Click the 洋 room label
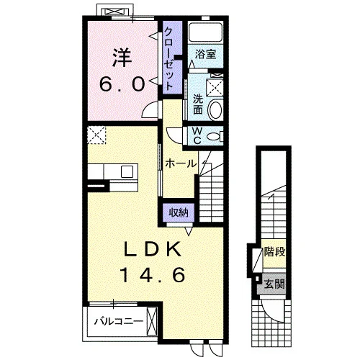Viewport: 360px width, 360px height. pos(122,58)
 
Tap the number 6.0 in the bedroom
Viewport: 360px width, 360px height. pos(122,84)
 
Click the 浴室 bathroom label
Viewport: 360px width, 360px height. pos(205,54)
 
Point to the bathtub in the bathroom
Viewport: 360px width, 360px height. pos(205,32)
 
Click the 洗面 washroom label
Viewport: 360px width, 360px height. pos(198,104)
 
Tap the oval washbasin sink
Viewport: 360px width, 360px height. pos(215,110)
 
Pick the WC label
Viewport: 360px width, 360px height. pos(197,135)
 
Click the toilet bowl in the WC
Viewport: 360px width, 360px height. pos(213,137)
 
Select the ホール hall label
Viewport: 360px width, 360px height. pos(181,163)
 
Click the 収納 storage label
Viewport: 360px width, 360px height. pos(179,212)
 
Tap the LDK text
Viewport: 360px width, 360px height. pos(153,250)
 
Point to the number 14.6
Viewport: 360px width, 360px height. pos(153,275)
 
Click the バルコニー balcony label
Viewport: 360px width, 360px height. pos(119,321)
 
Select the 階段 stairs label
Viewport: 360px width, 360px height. pos(274,252)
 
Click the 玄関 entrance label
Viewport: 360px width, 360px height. pos(274,284)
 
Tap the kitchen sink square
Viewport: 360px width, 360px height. pos(127,171)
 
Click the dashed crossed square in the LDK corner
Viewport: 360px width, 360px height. pos(96,135)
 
